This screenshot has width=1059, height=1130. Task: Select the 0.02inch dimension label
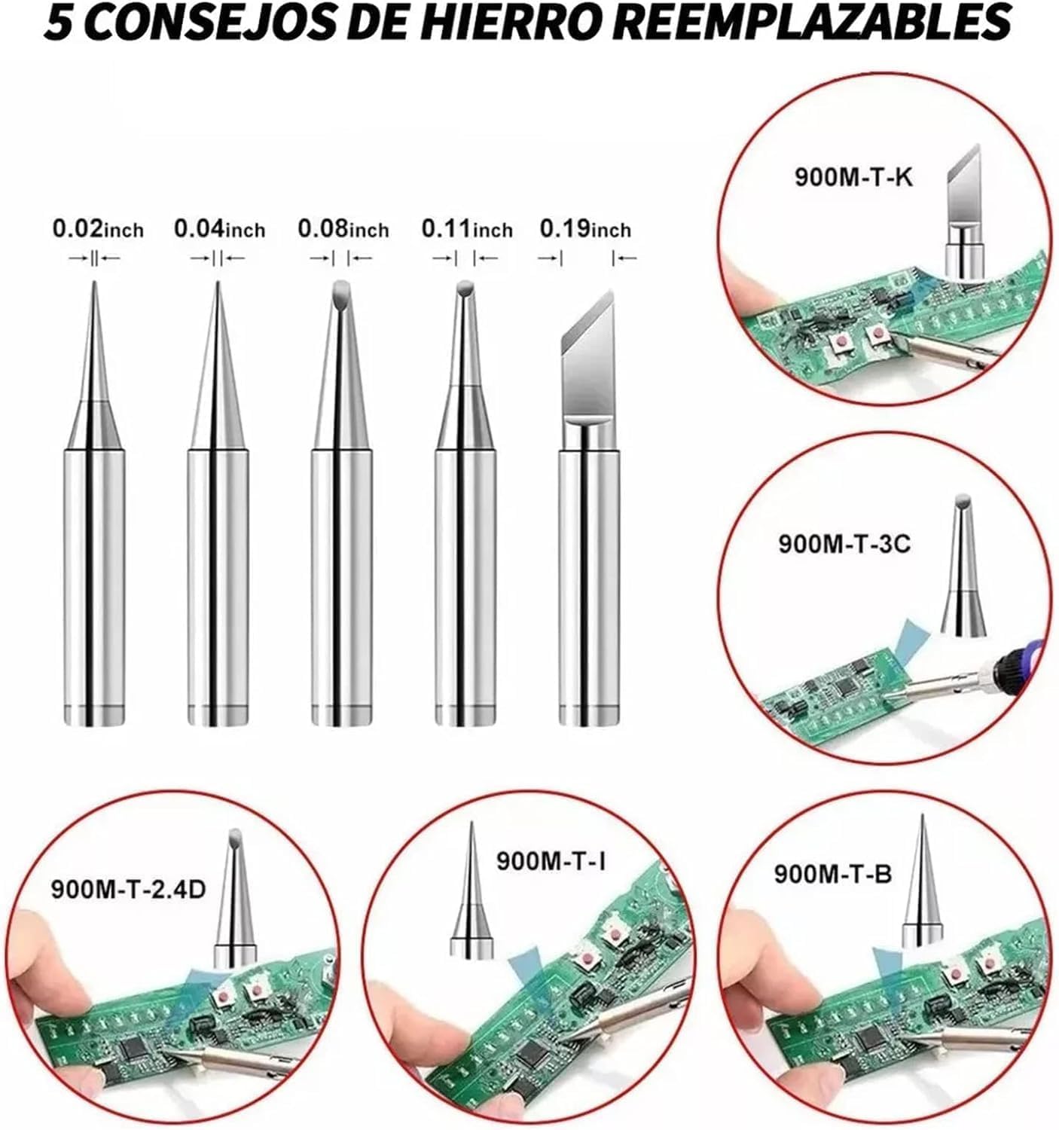point(97,228)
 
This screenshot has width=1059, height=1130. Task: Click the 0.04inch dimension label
point(219,228)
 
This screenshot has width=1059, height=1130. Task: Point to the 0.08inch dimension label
point(343,228)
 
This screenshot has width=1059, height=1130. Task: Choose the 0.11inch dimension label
point(466,228)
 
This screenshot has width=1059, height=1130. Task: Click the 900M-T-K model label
point(853,178)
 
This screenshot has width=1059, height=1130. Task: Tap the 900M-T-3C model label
point(844,543)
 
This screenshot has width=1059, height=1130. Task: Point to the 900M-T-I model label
point(551,860)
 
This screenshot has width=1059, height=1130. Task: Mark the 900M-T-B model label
point(832,874)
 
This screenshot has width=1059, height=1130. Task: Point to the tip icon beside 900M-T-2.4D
point(235,896)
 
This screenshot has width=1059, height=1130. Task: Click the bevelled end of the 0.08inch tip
point(340,290)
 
